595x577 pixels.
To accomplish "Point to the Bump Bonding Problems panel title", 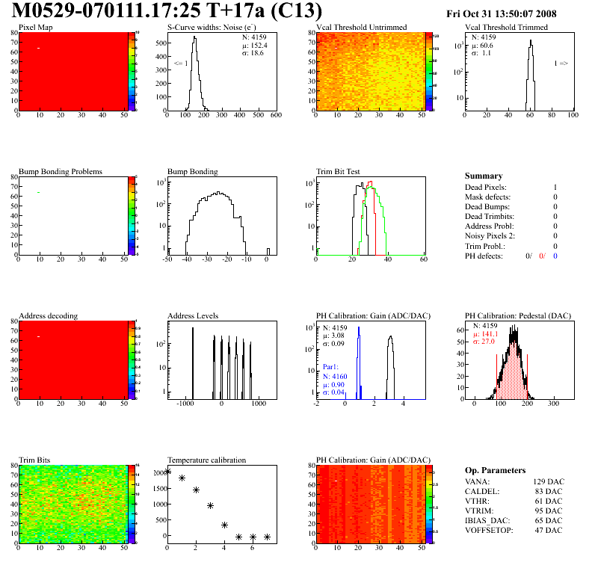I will [x=61, y=172].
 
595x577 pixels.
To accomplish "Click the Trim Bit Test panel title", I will [x=339, y=172].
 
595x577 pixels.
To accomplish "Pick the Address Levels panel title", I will [x=194, y=315].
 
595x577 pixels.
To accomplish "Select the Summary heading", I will [x=483, y=176].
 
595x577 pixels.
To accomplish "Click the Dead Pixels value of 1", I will [x=555, y=187].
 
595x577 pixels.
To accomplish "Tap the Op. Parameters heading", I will [x=495, y=470].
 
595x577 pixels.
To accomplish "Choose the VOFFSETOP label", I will [x=489, y=530].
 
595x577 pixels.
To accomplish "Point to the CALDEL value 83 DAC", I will [x=548, y=491].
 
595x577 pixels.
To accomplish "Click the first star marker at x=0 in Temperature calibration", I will [x=167, y=471].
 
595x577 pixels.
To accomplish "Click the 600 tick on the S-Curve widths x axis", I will [x=275, y=115].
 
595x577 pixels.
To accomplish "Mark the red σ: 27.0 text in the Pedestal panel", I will [x=484, y=342].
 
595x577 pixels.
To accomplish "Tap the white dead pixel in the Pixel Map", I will [x=38, y=49].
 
